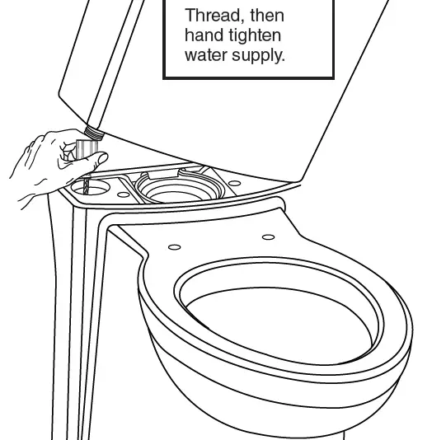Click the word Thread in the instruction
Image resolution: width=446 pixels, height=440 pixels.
coord(208,16)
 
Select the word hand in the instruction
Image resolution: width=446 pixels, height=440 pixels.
coord(204,36)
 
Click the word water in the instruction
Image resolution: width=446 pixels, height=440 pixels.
coord(209,56)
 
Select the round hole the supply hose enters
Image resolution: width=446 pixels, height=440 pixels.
coord(92,188)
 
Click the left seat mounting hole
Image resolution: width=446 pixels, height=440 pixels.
coord(173,246)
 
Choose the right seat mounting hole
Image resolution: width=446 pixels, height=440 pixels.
coord(266,237)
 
